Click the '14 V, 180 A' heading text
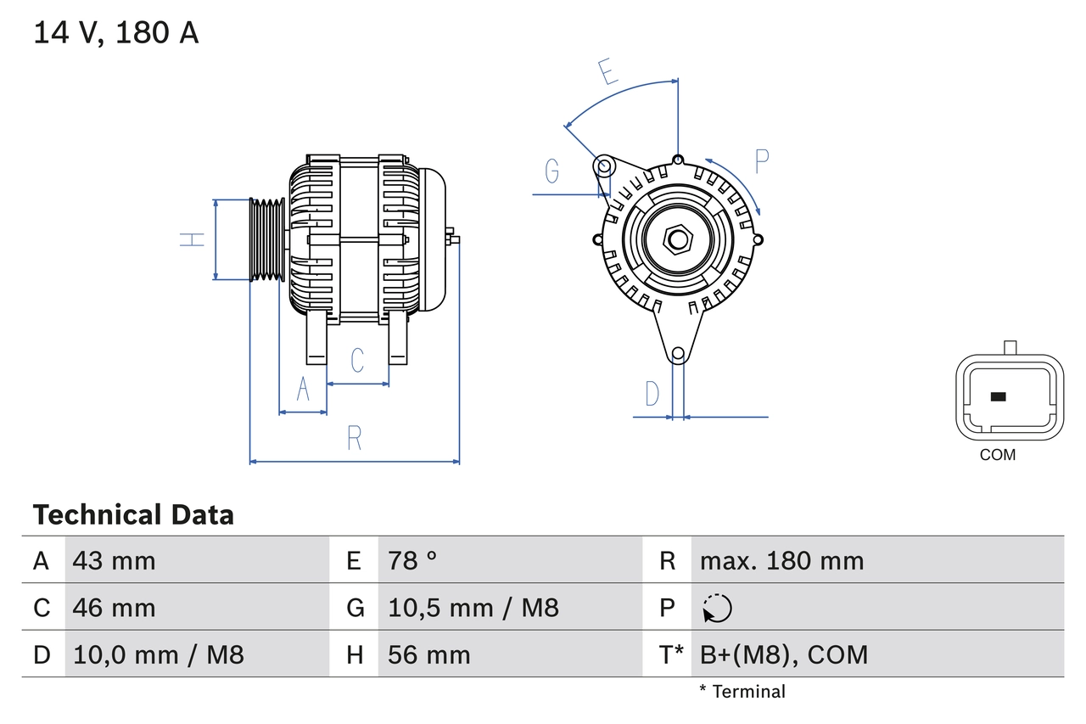coord(116,33)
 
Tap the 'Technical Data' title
coord(133,514)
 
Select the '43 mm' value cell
coord(115,560)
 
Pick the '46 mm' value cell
coord(115,608)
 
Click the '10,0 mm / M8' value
coord(159,654)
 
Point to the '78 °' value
coord(412,560)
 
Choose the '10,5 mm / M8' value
coord(473,608)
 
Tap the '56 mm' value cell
coord(428,654)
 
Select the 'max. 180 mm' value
coord(781,560)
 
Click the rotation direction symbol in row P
coord(717,609)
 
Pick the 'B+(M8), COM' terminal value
coord(784,654)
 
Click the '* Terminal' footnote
coord(742,692)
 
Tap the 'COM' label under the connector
coord(997,455)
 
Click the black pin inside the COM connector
coord(999,396)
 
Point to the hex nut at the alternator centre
coord(677,239)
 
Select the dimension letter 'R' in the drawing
coord(355,439)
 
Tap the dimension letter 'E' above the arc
coord(607,73)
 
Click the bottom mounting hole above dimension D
coord(677,354)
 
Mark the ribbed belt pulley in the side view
coord(267,239)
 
